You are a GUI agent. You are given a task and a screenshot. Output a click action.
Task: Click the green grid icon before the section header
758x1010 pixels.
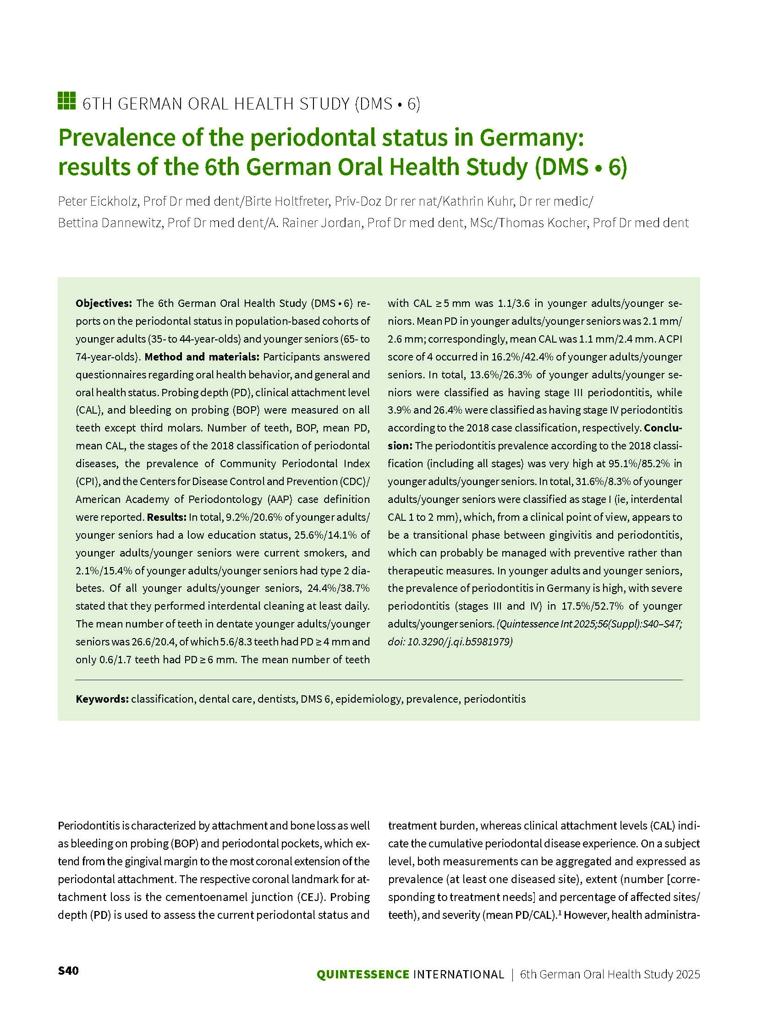coord(66,101)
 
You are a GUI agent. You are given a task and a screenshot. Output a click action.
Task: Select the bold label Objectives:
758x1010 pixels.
coord(104,303)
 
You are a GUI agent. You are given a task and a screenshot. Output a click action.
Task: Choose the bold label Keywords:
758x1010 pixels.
coord(102,699)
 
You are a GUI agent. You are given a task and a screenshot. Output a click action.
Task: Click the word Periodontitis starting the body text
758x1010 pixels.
coord(89,826)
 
